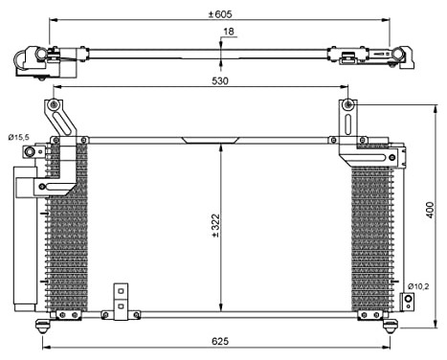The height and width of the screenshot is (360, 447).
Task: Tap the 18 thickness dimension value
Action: tap(228, 32)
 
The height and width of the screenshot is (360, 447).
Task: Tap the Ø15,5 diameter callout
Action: tap(20, 137)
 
